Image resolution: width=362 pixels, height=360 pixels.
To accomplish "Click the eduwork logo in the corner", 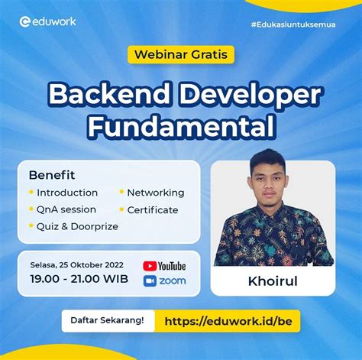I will (47, 21).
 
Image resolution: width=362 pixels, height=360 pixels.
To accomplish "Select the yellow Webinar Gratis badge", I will (180, 54).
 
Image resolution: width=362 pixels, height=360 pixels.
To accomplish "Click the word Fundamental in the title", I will (180, 125).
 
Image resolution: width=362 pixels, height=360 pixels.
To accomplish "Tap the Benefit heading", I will (52, 174).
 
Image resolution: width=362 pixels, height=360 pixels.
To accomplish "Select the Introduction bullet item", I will (67, 193).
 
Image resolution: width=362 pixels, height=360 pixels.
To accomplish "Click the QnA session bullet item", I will (66, 209).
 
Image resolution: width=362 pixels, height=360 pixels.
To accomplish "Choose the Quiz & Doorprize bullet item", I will (73, 226).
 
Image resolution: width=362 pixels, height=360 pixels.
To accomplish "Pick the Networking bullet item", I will (155, 193).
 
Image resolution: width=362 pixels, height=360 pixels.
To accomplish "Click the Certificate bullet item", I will (152, 209).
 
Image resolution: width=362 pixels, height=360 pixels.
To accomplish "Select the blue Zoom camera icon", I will (150, 281).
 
